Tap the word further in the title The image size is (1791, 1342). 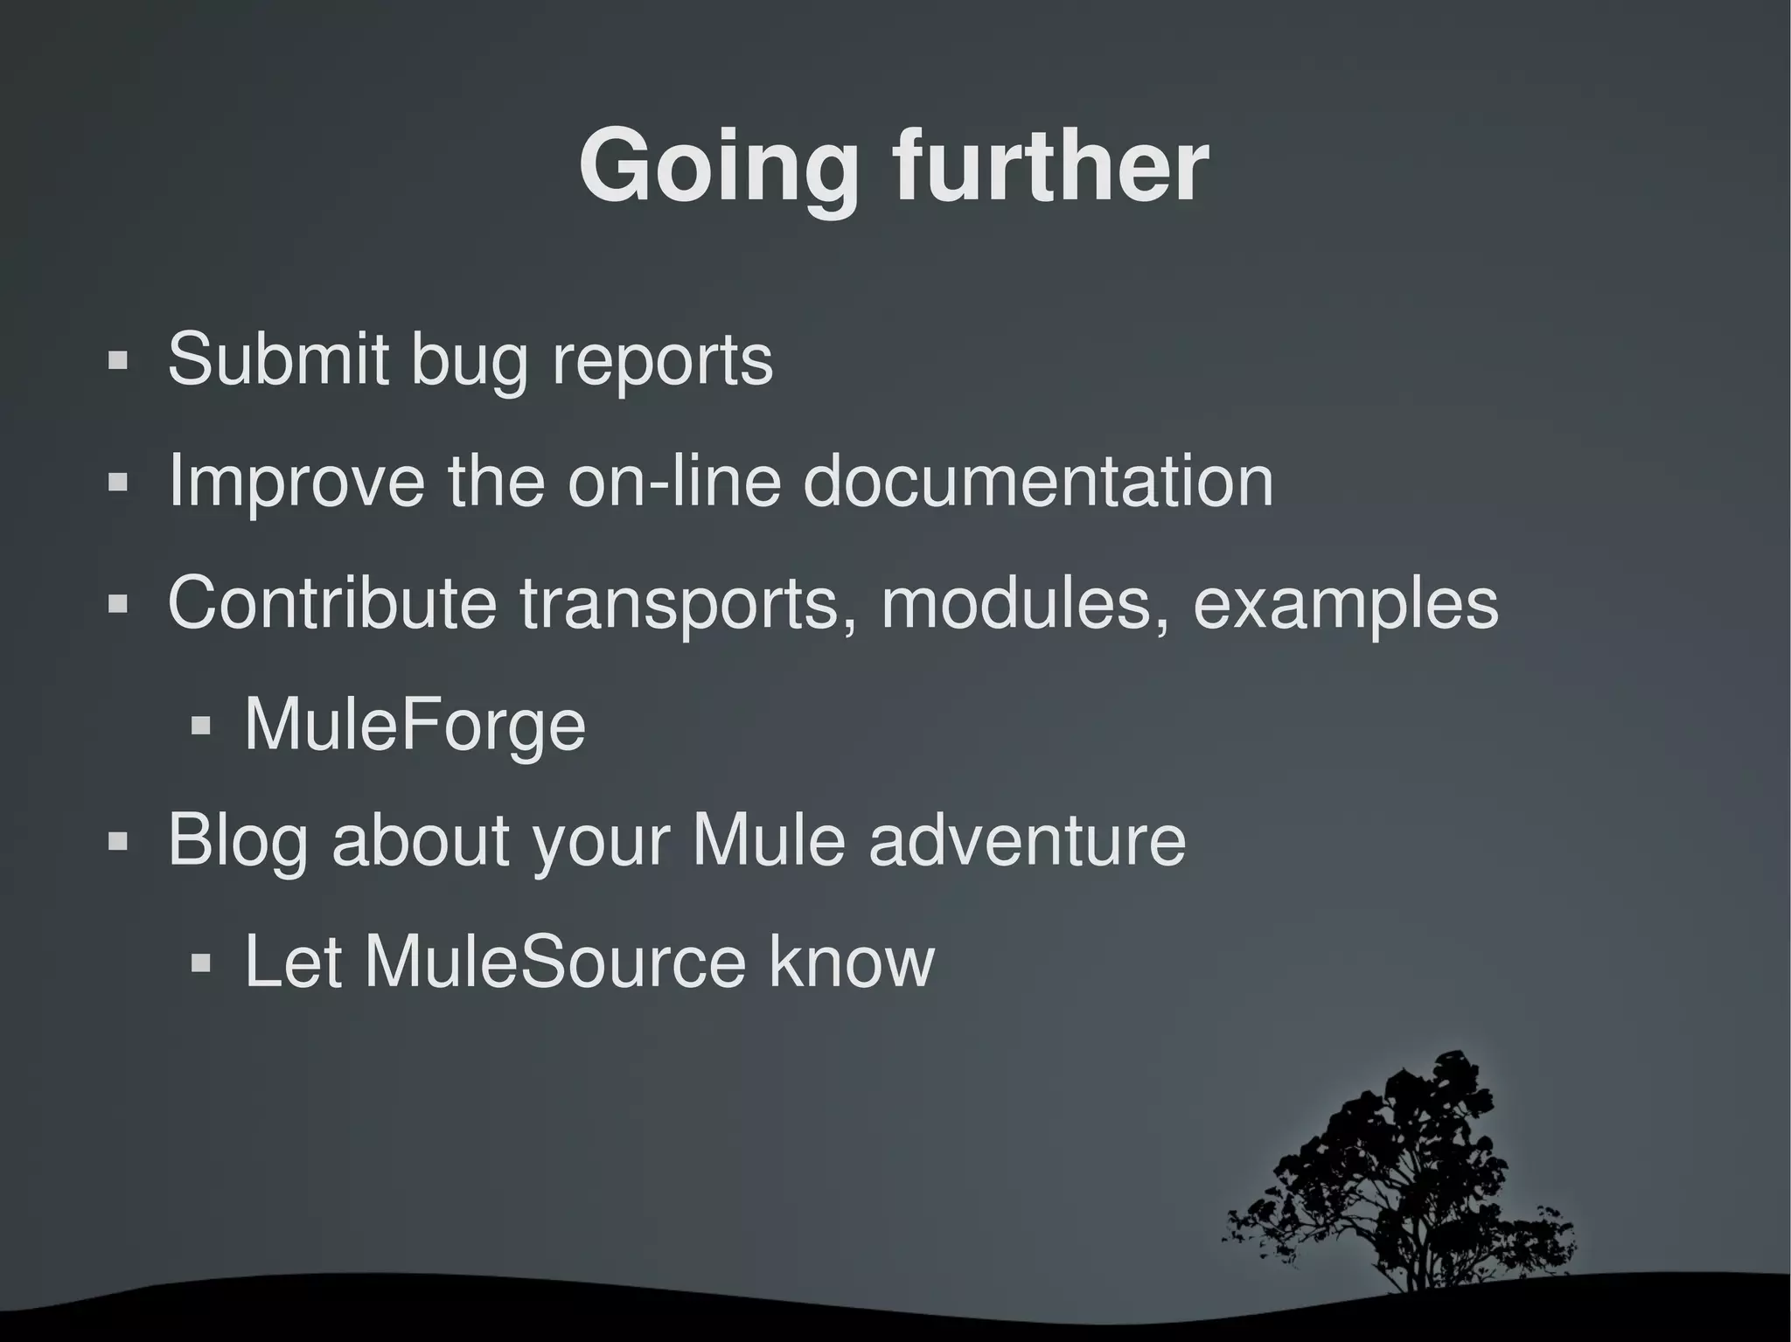tap(1050, 166)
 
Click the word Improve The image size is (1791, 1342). tap(296, 482)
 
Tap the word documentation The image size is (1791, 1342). tap(1037, 480)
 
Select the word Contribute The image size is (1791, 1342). tap(331, 602)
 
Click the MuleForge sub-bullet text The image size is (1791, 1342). tap(415, 725)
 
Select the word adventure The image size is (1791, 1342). tap(1027, 839)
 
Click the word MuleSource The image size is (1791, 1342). tap(555, 962)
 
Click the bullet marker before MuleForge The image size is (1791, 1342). tap(201, 726)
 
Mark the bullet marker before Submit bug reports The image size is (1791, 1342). tap(118, 360)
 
